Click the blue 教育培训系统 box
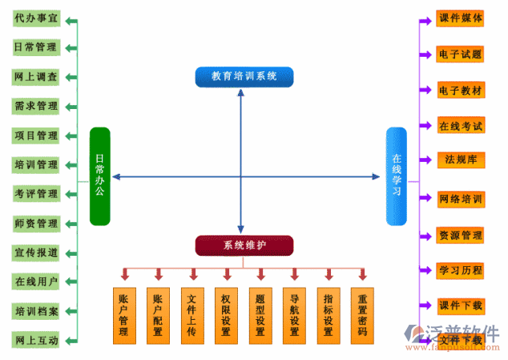coord(244,76)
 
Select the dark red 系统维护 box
coord(244,245)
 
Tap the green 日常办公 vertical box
coord(99,176)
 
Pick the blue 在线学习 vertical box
coord(396,176)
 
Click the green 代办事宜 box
coord(36,18)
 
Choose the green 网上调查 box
coord(36,77)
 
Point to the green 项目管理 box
coord(36,136)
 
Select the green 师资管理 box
coord(36,223)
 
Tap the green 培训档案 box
coord(36,310)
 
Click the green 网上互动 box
coord(36,340)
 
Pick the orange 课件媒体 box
coord(461,18)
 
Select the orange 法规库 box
coord(461,159)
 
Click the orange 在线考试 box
coord(461,126)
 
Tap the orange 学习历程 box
coord(461,270)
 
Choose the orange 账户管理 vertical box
coord(123,315)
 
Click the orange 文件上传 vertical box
coord(192,315)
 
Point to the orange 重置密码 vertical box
coord(363,315)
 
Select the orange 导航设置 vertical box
coord(295,315)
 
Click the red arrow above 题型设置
coord(260,274)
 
